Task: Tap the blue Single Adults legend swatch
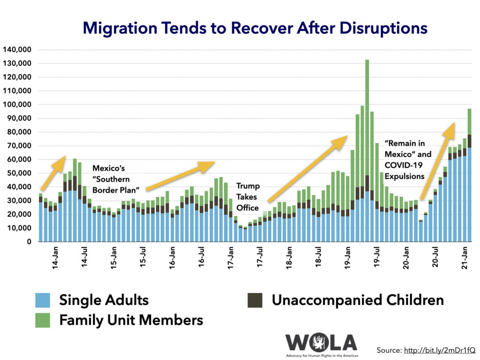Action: click(x=43, y=300)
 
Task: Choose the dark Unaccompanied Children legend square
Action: click(x=255, y=300)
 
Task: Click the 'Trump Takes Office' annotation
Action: click(x=247, y=196)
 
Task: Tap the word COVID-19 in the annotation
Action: click(x=405, y=165)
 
